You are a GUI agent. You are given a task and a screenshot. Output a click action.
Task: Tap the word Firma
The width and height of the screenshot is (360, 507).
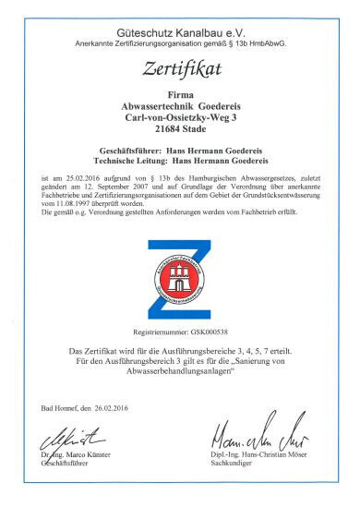point(180,95)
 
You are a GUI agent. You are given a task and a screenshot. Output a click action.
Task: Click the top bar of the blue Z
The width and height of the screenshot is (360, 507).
point(181,247)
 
